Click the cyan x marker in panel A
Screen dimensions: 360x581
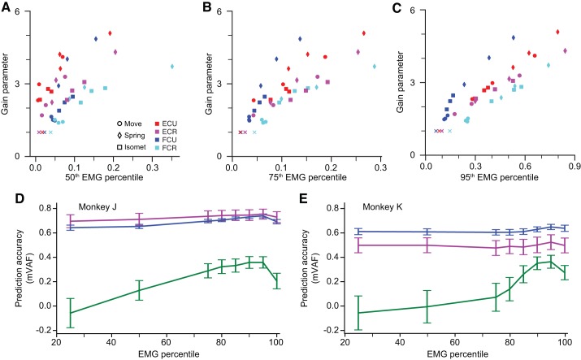point(50,132)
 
